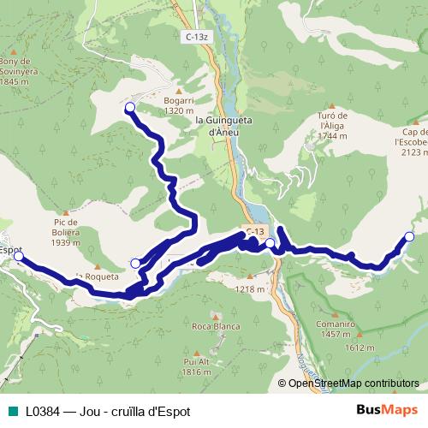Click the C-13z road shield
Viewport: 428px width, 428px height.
click(195, 37)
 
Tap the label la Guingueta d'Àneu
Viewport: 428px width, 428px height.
click(223, 126)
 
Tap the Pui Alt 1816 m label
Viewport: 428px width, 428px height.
click(197, 366)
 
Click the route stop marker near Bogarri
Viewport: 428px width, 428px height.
click(130, 107)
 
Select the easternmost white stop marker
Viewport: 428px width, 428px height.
click(409, 236)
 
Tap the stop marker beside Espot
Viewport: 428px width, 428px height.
click(19, 255)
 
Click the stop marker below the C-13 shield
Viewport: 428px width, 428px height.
click(270, 244)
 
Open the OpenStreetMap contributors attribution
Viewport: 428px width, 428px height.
click(353, 383)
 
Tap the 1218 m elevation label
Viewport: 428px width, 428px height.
click(250, 289)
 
